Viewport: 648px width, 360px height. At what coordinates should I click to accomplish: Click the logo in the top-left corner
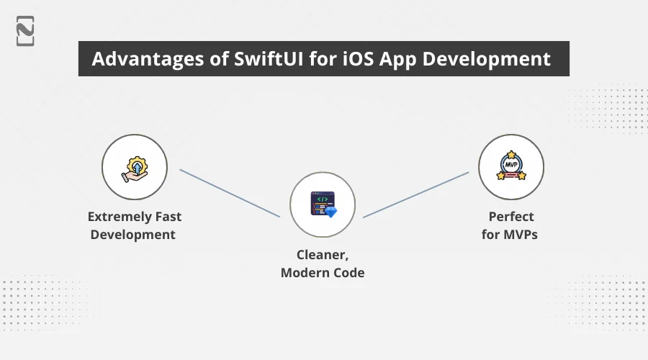click(25, 30)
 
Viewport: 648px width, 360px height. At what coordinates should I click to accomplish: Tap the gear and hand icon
click(135, 168)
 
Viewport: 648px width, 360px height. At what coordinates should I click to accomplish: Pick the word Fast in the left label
click(167, 216)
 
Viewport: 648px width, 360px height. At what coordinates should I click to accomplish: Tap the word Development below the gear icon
click(133, 234)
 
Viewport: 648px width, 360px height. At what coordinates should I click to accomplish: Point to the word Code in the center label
click(349, 272)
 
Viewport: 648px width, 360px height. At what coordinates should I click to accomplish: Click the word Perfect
click(511, 216)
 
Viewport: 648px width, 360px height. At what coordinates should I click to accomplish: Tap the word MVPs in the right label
click(523, 234)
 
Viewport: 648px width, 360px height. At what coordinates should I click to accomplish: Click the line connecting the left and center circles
click(229, 193)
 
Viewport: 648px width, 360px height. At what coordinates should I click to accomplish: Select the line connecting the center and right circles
click(416, 194)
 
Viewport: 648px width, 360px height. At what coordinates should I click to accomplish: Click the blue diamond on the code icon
click(330, 212)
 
